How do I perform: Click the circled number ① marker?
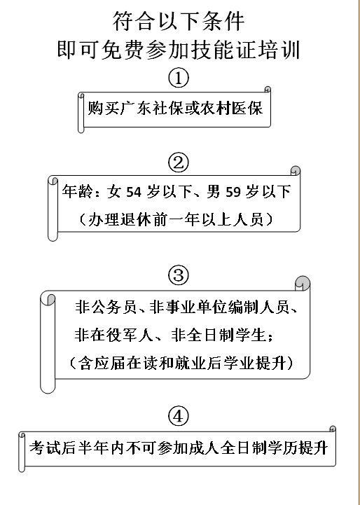point(179,78)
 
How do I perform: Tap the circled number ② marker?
point(179,162)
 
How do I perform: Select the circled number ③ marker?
point(179,276)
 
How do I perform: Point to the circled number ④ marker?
point(179,417)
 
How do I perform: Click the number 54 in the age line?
point(134,192)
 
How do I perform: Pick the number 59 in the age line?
point(233,192)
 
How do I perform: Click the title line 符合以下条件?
point(179,22)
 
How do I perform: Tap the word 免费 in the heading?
point(122,50)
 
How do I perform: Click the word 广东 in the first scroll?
point(136,108)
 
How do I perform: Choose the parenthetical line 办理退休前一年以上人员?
point(176,221)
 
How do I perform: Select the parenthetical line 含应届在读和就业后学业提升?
point(181,364)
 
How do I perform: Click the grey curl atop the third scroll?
point(303,283)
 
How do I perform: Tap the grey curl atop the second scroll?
point(296,171)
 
